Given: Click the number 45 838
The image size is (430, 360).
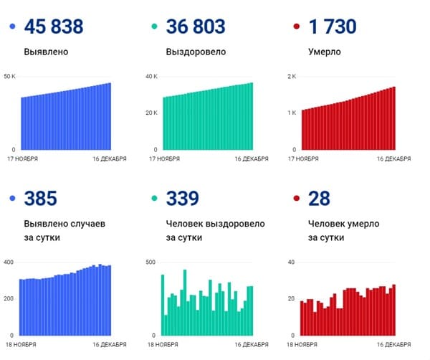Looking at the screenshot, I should (x=53, y=27).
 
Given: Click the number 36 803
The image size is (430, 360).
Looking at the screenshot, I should (x=195, y=27).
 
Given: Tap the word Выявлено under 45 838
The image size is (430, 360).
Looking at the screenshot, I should (x=47, y=52).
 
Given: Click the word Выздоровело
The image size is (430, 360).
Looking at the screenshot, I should (x=196, y=52).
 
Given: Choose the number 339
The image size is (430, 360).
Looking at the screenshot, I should (x=182, y=199).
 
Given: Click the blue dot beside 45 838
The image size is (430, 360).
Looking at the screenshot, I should (x=11, y=27).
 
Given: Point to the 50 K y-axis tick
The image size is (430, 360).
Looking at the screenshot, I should (x=9, y=76).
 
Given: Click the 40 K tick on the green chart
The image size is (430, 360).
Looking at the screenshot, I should (x=151, y=76).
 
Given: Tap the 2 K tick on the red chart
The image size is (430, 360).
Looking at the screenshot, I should (x=292, y=76).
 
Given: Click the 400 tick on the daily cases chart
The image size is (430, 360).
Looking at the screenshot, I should (x=9, y=262).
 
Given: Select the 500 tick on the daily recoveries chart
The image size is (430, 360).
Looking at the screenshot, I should (x=150, y=262).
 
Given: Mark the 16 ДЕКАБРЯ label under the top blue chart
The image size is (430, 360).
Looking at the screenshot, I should (x=110, y=158).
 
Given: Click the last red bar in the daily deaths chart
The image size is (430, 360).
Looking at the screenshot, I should (x=393, y=310).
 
